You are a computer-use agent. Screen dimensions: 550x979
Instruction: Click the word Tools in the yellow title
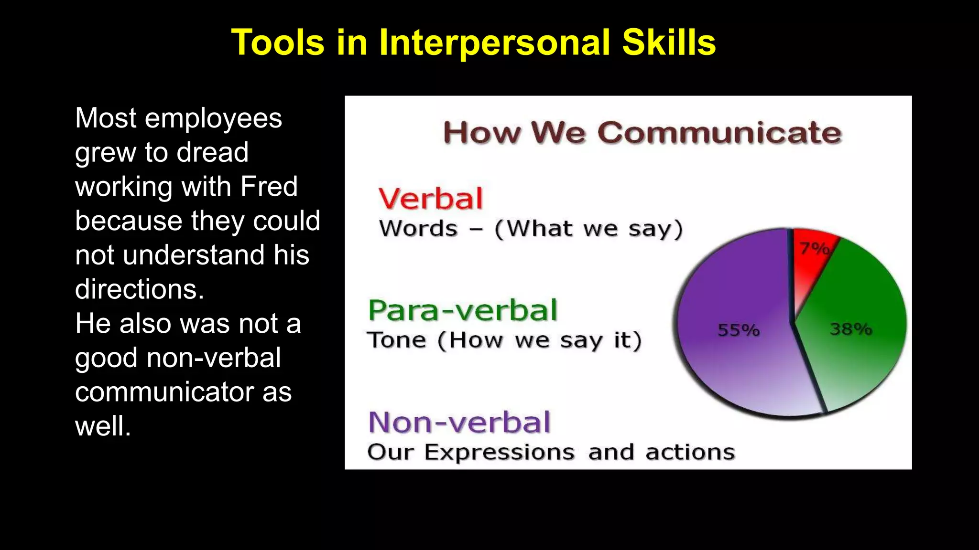click(278, 43)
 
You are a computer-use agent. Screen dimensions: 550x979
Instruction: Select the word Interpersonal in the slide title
click(495, 43)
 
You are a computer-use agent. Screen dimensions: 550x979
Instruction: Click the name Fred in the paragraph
click(269, 186)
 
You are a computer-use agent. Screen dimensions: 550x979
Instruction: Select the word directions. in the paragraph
click(140, 289)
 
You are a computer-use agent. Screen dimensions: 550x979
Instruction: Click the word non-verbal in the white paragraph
click(214, 358)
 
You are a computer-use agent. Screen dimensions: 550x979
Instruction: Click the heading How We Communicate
click(642, 133)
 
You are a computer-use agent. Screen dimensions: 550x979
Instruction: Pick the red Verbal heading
click(431, 199)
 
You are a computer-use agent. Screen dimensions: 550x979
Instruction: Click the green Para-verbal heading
click(463, 310)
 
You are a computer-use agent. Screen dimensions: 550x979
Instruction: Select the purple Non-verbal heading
click(459, 423)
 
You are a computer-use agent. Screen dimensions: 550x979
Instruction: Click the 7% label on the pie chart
click(814, 248)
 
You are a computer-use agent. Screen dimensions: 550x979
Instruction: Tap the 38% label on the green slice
click(851, 329)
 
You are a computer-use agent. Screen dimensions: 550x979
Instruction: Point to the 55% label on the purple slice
click(738, 330)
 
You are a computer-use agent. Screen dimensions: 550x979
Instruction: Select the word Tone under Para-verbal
click(396, 340)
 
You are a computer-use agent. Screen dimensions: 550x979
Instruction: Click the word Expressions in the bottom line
click(500, 452)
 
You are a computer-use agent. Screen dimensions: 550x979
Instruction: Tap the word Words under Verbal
click(418, 229)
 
